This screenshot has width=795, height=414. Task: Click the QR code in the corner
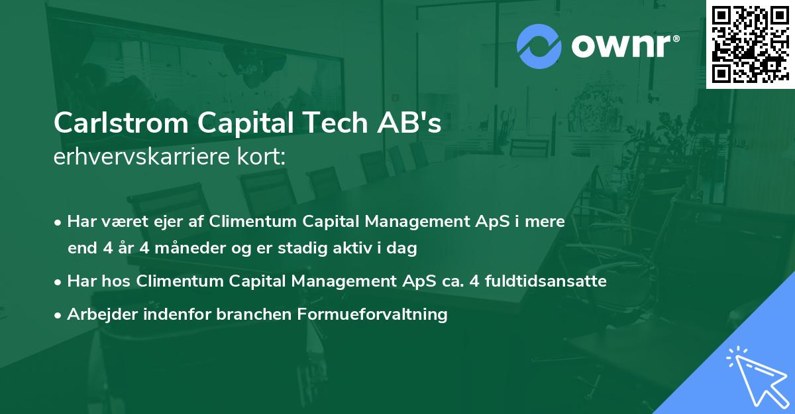pyautogui.click(x=750, y=44)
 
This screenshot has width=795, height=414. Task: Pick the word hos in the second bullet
pyautogui.click(x=117, y=281)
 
